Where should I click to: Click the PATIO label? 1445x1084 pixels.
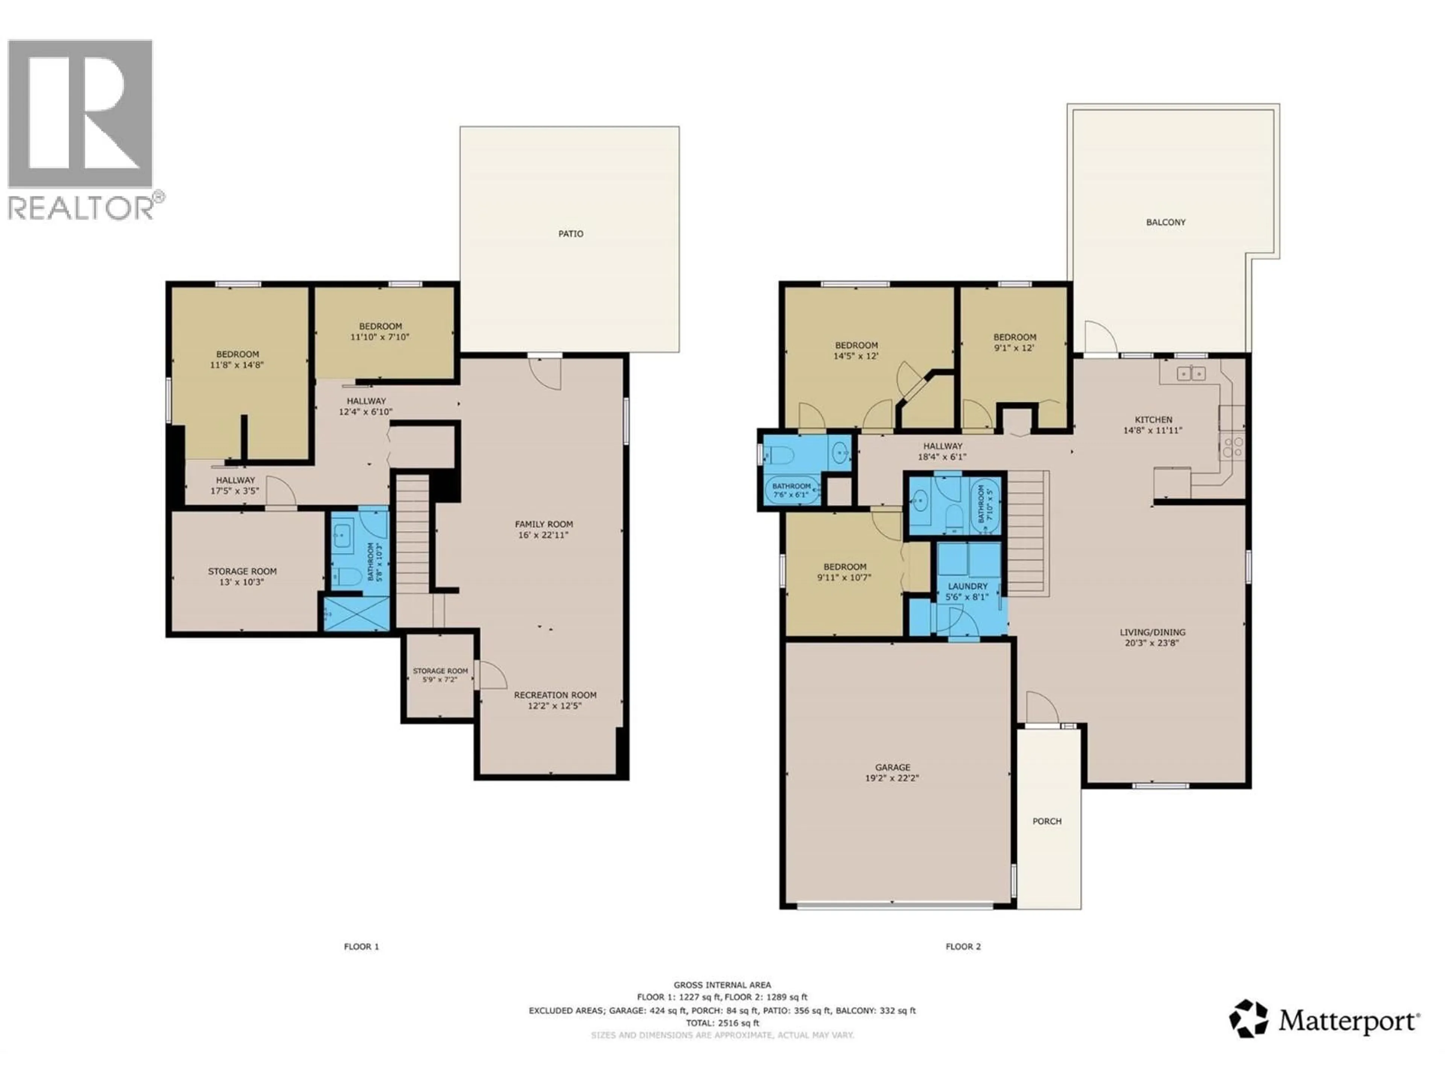coord(570,234)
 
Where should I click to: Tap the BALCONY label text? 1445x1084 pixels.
coord(1165,222)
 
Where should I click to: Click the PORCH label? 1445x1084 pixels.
coord(1046,821)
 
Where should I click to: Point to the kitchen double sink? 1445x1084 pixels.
coord(1191,374)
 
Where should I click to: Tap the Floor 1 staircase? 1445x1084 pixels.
coord(413,533)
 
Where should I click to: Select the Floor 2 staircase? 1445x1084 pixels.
coord(1027,533)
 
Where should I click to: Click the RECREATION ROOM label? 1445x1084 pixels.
coord(555,695)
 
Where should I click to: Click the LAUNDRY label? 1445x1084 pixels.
coord(967,587)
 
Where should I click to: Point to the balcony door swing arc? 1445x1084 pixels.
coord(1100,338)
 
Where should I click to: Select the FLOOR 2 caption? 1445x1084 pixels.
coord(963,947)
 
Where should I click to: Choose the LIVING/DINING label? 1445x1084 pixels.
coord(1152,632)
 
